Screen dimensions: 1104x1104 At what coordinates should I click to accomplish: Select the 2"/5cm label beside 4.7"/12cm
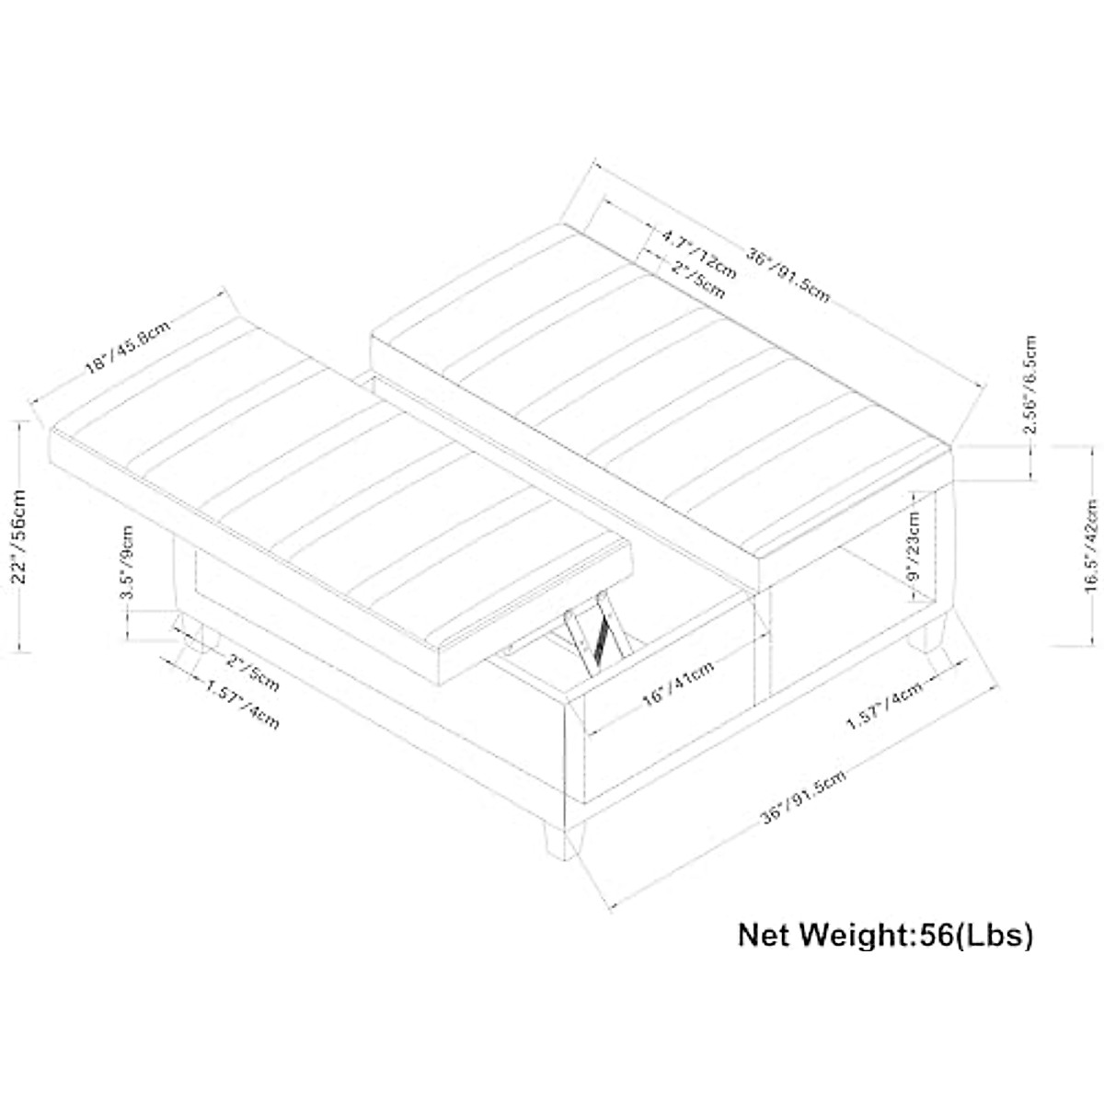[698, 280]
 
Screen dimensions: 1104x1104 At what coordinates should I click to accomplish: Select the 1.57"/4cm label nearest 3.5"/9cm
[242, 704]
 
